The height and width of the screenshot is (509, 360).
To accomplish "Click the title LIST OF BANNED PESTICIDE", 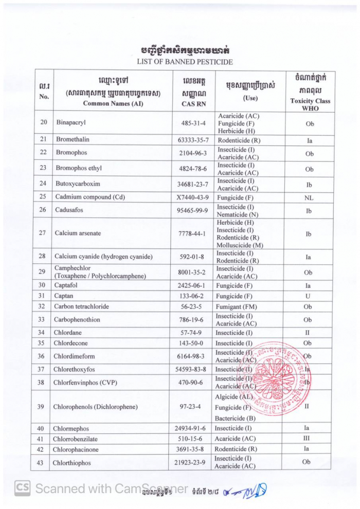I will tap(184, 62).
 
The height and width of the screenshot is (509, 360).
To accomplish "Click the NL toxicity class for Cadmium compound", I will tap(309, 197).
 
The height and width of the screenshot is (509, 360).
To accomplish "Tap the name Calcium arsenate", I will tap(78, 233).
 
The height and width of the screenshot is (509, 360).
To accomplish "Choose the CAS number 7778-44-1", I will tap(192, 233).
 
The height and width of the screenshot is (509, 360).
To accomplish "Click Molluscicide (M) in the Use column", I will tap(240, 245).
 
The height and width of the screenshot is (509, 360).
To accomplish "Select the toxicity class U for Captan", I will tap(309, 296).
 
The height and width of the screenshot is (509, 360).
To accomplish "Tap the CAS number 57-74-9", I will tap(190, 333).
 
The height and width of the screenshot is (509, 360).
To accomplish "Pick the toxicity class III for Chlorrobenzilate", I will tap(307, 438).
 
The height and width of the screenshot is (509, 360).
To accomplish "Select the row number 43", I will tap(41, 463).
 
